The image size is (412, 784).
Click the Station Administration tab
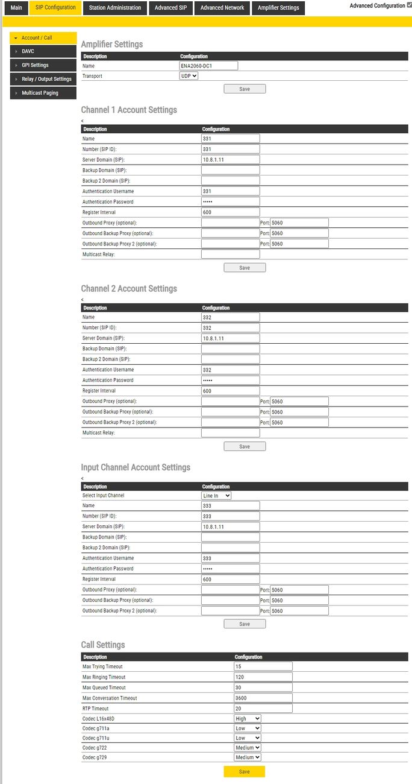pyautogui.click(x=114, y=8)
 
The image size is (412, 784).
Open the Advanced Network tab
pyautogui.click(x=222, y=8)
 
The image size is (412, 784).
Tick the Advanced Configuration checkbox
pyautogui.click(x=410, y=5)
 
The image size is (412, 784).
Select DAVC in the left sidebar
pyautogui.click(x=43, y=51)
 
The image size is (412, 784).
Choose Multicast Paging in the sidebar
pyautogui.click(x=43, y=93)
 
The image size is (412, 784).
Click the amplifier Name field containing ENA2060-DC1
pyautogui.click(x=208, y=66)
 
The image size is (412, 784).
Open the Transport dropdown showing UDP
pyautogui.click(x=189, y=76)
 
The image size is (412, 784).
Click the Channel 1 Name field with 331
pyautogui.click(x=231, y=139)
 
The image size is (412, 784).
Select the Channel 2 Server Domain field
pyautogui.click(x=231, y=338)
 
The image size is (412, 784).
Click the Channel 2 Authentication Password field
pyautogui.click(x=231, y=381)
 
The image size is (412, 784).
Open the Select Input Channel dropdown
pyautogui.click(x=216, y=496)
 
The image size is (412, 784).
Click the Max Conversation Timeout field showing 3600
pyautogui.click(x=263, y=698)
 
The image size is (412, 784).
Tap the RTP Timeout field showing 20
pyautogui.click(x=263, y=709)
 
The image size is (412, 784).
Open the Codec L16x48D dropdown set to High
pyautogui.click(x=248, y=719)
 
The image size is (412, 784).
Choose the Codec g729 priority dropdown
pyautogui.click(x=248, y=757)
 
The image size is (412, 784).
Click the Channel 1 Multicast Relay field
pyautogui.click(x=231, y=254)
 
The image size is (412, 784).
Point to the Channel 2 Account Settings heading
pyautogui.click(x=129, y=289)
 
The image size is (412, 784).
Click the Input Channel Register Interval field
pyautogui.click(x=231, y=580)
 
